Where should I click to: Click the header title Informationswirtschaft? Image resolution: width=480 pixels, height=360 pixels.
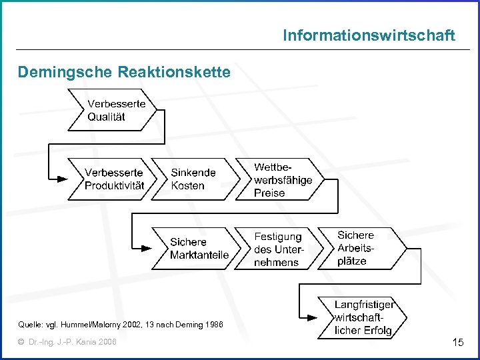pos(369,35)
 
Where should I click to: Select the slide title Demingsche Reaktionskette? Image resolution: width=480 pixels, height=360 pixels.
pos(124,71)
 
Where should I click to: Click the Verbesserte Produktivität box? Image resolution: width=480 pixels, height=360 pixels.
pos(114,179)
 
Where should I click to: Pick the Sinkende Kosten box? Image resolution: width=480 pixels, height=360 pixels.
pos(193,179)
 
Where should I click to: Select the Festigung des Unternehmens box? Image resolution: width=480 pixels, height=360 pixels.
pos(279,249)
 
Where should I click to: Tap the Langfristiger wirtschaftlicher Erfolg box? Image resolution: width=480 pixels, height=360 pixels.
pos(363,317)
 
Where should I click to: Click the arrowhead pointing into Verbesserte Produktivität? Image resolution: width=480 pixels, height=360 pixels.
pos(63,179)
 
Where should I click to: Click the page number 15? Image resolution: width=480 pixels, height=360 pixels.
pos(457,343)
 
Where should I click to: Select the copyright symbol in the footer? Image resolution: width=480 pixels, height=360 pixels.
pos(21,342)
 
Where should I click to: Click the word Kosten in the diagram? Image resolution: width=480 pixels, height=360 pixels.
pos(187,186)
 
